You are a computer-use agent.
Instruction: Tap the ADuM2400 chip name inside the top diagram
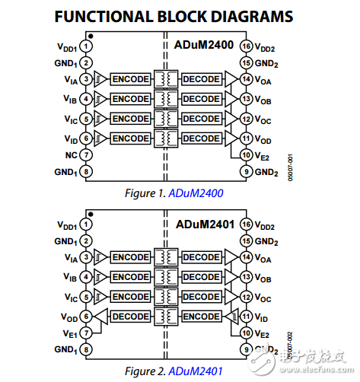click(206, 46)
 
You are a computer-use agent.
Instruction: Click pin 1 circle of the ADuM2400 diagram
click(88, 47)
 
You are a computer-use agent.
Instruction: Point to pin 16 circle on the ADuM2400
click(247, 47)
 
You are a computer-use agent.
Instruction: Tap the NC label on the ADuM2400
click(70, 154)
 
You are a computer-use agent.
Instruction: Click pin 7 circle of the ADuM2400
click(88, 154)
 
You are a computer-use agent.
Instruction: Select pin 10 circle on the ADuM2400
click(247, 155)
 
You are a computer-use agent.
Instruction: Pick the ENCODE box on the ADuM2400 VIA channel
click(130, 78)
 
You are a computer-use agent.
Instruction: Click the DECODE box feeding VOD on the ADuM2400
click(201, 138)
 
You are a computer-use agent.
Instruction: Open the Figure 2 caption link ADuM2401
click(196, 371)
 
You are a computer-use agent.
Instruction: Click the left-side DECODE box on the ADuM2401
click(130, 316)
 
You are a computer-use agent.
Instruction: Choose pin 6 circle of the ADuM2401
click(88, 316)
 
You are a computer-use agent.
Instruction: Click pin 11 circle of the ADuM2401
click(247, 315)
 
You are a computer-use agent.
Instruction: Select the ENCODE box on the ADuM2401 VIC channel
click(130, 297)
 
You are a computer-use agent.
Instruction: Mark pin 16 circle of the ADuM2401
click(247, 226)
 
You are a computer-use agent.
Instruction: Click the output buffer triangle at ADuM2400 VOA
click(231, 78)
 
